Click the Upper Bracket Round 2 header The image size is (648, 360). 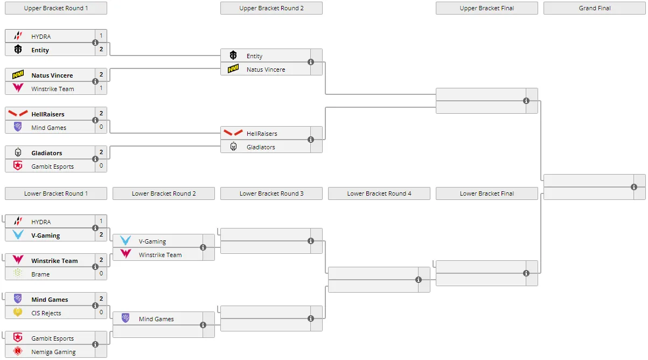click(271, 8)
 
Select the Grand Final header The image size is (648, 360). click(595, 8)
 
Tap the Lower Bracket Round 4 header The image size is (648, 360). click(379, 193)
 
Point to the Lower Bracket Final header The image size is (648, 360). click(487, 193)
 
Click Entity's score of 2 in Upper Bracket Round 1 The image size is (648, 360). click(101, 49)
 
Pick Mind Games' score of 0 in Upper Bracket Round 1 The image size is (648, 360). click(101, 127)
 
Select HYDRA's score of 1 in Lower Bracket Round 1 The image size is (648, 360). click(101, 221)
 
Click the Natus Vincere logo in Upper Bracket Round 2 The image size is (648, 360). click(233, 69)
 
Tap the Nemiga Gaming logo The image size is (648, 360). click(18, 351)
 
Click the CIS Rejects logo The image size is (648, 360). click(18, 312)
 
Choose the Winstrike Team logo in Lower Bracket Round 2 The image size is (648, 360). click(126, 254)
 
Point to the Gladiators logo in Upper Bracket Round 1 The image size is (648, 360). click(18, 152)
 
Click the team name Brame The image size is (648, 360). click(40, 274)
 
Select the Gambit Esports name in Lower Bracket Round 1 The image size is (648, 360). click(53, 338)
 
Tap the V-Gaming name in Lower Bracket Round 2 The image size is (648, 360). click(152, 241)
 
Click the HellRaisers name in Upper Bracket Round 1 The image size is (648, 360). click(48, 114)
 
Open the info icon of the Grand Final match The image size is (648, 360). click(634, 187)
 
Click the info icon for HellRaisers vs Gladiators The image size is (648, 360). click(311, 140)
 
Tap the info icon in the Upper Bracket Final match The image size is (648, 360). click(526, 101)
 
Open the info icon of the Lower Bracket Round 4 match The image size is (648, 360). click(419, 280)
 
